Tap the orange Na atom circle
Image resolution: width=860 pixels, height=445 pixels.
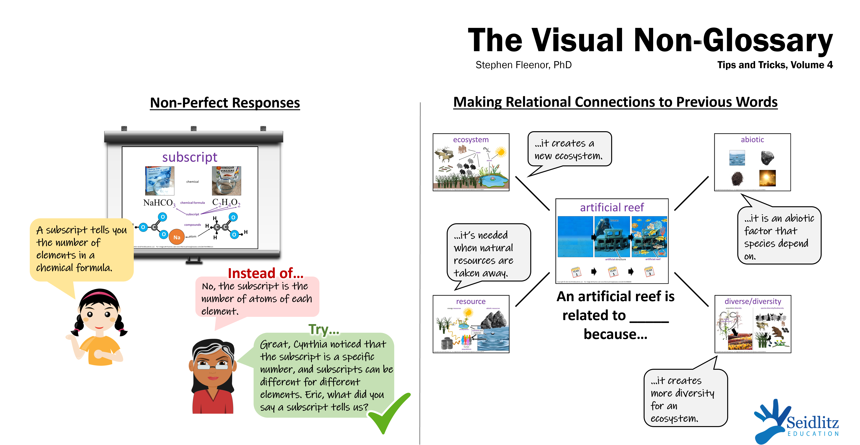point(177,237)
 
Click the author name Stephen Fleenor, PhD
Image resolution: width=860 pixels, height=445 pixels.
point(523,65)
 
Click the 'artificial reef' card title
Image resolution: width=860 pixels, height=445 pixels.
point(612,207)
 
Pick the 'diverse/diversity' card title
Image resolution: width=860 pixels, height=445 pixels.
point(753,301)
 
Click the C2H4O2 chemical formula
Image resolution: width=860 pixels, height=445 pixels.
point(226,202)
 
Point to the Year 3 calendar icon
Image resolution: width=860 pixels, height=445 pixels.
point(649,271)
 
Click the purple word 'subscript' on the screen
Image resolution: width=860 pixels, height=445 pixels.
point(190,157)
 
